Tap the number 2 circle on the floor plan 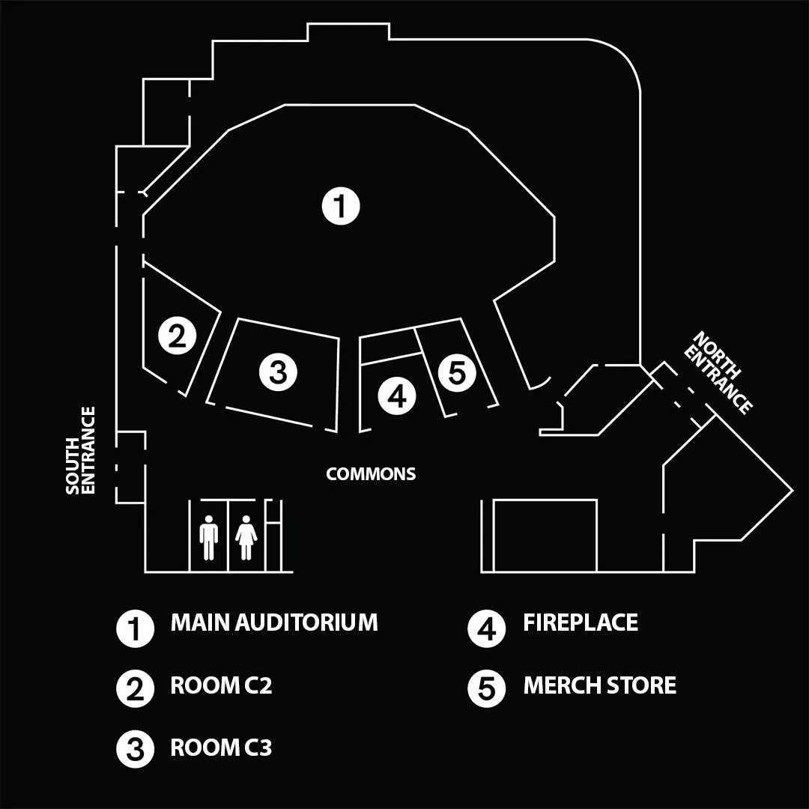pyautogui.click(x=177, y=336)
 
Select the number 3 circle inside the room pyautogui.click(x=278, y=372)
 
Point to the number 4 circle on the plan pyautogui.click(x=397, y=396)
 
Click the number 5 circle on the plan pyautogui.click(x=457, y=372)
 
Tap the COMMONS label pyautogui.click(x=371, y=474)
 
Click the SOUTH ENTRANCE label pyautogui.click(x=81, y=450)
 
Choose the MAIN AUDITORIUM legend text pyautogui.click(x=274, y=622)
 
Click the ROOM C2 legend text pyautogui.click(x=221, y=685)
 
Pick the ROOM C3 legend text pyautogui.click(x=221, y=748)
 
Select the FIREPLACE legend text pyautogui.click(x=581, y=622)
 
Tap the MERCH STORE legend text pyautogui.click(x=599, y=685)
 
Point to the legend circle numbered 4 pyautogui.click(x=486, y=628)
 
